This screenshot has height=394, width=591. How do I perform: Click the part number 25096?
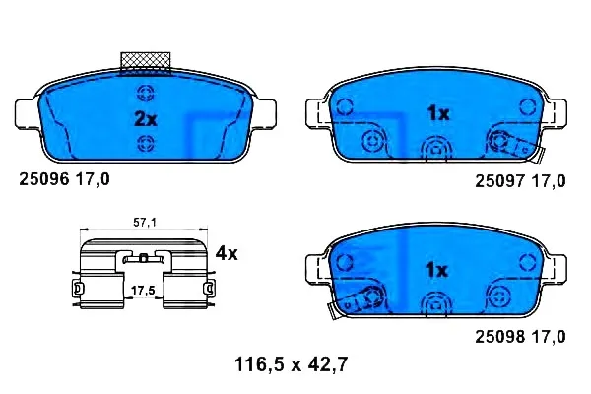44,179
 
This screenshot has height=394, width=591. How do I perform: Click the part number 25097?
500,181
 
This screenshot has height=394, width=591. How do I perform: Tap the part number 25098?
500,337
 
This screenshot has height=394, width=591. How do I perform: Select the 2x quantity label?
146,119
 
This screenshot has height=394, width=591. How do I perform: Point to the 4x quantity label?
227,253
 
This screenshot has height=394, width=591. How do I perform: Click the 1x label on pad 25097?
438,113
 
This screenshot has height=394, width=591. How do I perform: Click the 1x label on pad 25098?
436,270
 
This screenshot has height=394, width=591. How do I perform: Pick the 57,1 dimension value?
145,223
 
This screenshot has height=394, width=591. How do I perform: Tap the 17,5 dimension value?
143,291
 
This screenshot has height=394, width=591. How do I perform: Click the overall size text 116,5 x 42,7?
291,364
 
